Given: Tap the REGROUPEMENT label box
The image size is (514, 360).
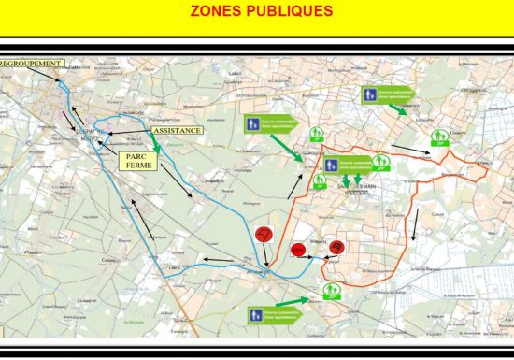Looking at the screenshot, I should pos(31,64).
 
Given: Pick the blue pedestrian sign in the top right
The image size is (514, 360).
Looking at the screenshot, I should pos(372,94).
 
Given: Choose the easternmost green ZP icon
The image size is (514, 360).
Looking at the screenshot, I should pos(439,138).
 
